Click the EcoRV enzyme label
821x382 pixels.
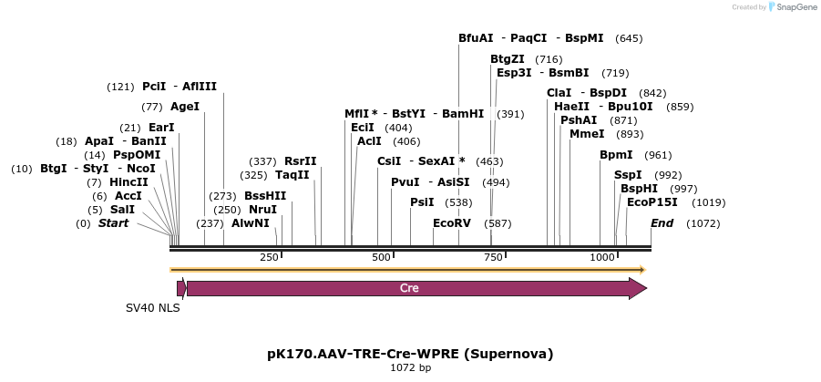452,223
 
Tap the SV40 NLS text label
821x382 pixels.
153,308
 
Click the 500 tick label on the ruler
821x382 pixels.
382,258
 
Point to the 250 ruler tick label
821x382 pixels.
270,258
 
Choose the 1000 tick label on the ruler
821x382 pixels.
602,258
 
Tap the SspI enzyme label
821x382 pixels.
628,175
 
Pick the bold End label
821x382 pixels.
662,223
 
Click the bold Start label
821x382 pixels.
114,223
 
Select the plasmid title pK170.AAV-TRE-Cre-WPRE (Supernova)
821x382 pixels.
410,354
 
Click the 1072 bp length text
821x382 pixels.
410,368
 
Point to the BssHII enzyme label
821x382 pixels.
265,195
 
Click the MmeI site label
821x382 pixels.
587,134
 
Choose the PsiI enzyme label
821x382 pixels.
422,202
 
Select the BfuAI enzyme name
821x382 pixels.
476,38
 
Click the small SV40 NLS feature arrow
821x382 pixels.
181,288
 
